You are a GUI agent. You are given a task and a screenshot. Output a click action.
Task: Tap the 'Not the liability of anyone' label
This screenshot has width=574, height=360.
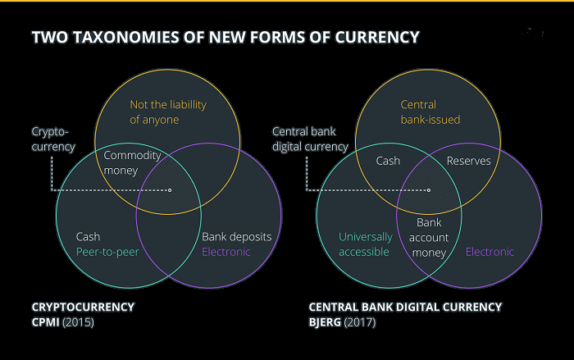pos(168,112)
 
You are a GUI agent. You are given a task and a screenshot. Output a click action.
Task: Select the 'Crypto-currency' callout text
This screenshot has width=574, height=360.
pos(53,139)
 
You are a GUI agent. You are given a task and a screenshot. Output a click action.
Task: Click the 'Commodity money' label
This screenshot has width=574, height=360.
pos(132,163)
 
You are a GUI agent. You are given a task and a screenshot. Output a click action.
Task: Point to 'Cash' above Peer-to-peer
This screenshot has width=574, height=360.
pos(88,237)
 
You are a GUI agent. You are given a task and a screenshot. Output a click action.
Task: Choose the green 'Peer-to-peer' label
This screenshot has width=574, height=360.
pos(107,252)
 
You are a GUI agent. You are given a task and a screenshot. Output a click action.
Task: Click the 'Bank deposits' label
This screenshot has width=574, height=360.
pos(237,237)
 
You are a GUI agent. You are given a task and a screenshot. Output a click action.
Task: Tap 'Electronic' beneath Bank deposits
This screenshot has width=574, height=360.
pos(226,252)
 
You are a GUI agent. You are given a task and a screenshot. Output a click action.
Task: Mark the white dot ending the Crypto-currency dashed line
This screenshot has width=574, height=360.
pos(170,190)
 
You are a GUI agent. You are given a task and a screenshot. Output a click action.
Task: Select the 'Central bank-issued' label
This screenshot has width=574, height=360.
pos(430,112)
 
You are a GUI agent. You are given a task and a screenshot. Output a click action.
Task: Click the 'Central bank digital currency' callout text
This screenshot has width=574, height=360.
pos(310,139)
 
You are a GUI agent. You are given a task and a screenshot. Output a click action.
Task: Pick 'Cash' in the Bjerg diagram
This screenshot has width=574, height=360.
pos(388,161)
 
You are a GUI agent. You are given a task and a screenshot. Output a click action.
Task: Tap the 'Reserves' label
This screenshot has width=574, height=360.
pos(468,161)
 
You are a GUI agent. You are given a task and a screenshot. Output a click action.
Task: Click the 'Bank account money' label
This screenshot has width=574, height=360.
pos(429,238)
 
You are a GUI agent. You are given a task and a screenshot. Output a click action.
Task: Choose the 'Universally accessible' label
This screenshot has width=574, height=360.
pos(366,244)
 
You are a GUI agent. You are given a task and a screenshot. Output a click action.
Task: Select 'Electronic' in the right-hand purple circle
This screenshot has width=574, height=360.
pos(490,252)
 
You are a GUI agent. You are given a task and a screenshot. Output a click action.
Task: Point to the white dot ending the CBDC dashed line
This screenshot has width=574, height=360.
pos(429,190)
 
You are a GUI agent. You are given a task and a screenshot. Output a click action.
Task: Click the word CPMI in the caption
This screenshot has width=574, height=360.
pos(45,322)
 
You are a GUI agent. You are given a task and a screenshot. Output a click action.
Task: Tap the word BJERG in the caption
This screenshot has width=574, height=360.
pos(325,322)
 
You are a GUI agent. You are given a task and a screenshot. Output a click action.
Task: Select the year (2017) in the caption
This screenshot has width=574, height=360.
pos(360,322)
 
